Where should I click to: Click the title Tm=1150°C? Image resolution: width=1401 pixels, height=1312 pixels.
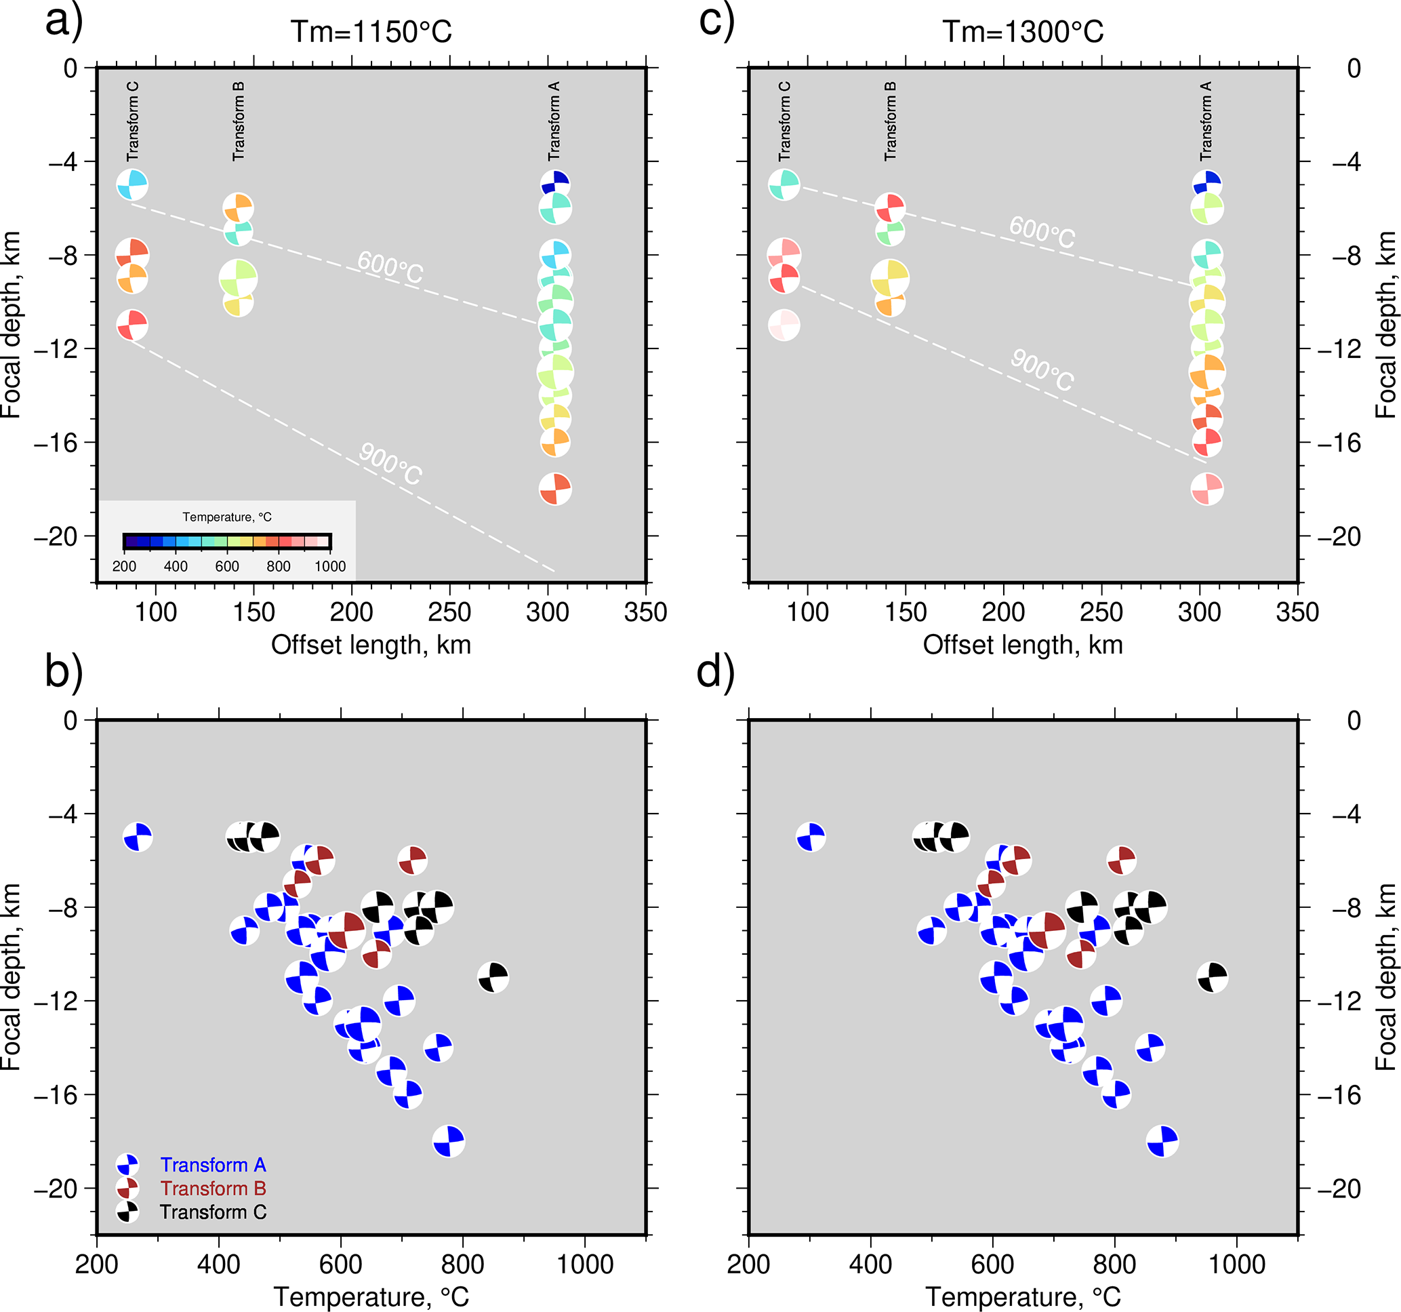point(371,32)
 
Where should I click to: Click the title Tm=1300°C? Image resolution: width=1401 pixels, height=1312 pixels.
point(1023,32)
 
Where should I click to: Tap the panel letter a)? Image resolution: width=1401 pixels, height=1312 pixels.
point(64,21)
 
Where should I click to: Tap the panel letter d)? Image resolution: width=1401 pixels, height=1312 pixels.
point(715,671)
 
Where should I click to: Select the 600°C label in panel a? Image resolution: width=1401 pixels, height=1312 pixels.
point(390,268)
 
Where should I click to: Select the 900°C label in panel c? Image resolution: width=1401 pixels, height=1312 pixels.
point(1042,370)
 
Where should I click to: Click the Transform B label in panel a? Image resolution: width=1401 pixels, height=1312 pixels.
point(239,121)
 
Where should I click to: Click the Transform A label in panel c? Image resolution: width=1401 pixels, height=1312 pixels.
point(1206,121)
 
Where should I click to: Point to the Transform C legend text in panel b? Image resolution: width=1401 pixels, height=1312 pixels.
point(213,1212)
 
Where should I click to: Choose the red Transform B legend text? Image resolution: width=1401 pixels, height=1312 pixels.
point(213,1189)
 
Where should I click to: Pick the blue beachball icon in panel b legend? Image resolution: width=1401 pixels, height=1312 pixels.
point(127,1165)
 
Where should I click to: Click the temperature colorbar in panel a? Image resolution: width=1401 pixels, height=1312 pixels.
point(227,542)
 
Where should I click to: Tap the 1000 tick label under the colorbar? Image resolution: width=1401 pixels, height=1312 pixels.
point(330,566)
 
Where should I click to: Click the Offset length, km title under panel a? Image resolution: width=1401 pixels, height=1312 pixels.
point(371,644)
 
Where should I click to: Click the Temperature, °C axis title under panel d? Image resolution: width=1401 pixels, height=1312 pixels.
point(1023,1296)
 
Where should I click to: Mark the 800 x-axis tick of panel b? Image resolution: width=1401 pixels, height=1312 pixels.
point(462,1264)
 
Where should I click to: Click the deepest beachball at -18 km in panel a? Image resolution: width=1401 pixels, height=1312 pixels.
point(555,489)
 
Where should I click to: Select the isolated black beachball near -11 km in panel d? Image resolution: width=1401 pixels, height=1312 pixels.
point(1212,977)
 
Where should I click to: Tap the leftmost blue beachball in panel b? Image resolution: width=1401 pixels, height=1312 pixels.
point(138,837)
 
